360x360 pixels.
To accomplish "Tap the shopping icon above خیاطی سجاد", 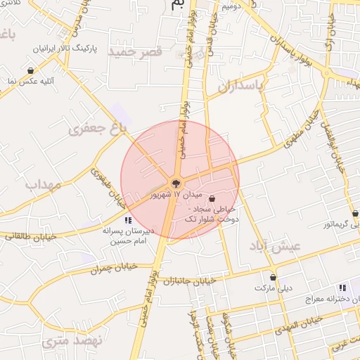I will click(212, 199).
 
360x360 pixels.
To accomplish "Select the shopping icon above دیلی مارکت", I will click(273, 278).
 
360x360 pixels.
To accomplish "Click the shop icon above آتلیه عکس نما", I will click(31, 70).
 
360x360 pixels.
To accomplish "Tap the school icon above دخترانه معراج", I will click(342, 288).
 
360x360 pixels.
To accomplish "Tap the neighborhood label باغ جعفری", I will click(96, 128).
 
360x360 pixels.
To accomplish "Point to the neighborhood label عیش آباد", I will click(274, 246).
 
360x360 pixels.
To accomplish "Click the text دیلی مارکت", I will click(273, 289).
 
